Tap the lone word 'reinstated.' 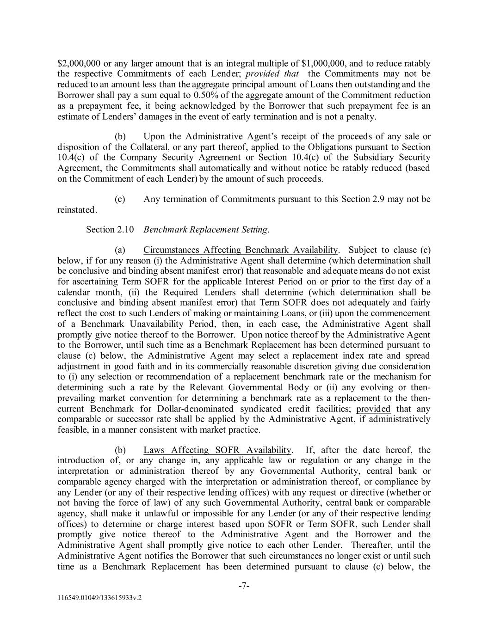[x=77, y=210]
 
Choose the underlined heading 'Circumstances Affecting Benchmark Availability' [x=241, y=250]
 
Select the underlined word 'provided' [x=373, y=409]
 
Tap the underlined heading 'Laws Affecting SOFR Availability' [x=217, y=450]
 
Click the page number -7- [x=244, y=586]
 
